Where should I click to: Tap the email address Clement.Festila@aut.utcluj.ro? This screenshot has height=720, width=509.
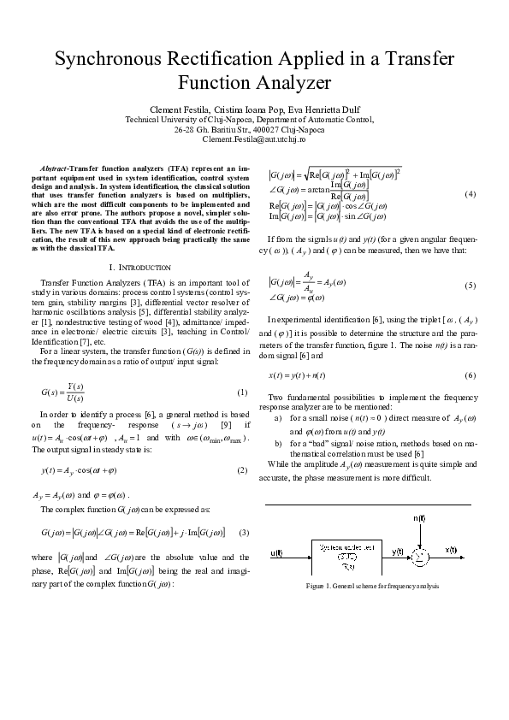[254, 139]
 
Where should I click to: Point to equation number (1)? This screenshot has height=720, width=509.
[241, 392]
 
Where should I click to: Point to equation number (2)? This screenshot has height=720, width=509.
[241, 471]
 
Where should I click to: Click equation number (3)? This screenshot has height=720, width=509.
[243, 533]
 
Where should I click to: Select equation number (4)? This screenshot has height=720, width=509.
[469, 194]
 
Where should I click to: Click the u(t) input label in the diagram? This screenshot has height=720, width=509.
[276, 553]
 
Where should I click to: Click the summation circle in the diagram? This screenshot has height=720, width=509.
[420, 556]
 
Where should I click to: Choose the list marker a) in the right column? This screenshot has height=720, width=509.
[279, 419]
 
